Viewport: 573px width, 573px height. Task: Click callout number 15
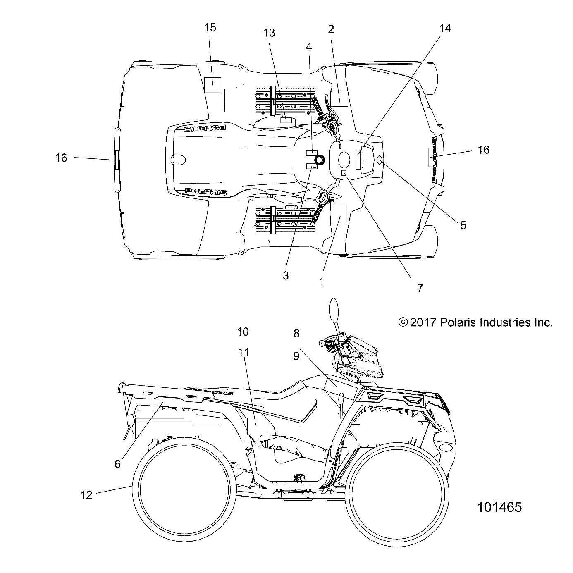point(210,28)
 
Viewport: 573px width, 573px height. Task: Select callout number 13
point(269,33)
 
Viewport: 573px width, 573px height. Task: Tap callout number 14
point(445,28)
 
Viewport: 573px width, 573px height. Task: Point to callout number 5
point(463,225)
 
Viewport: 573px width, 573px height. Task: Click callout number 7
point(420,288)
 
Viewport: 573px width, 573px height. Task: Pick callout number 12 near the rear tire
point(86,494)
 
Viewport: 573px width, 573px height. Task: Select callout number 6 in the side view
point(117,464)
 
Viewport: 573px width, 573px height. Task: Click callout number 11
point(244,352)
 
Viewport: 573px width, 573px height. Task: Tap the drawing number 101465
point(499,507)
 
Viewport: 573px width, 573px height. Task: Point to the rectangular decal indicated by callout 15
point(213,85)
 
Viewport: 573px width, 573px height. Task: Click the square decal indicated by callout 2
point(339,98)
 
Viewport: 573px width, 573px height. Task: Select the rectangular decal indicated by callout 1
point(339,213)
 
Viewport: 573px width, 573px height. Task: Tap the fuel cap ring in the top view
point(320,160)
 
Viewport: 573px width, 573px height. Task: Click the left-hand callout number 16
point(61,158)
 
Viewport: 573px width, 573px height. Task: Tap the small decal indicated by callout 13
point(286,120)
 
